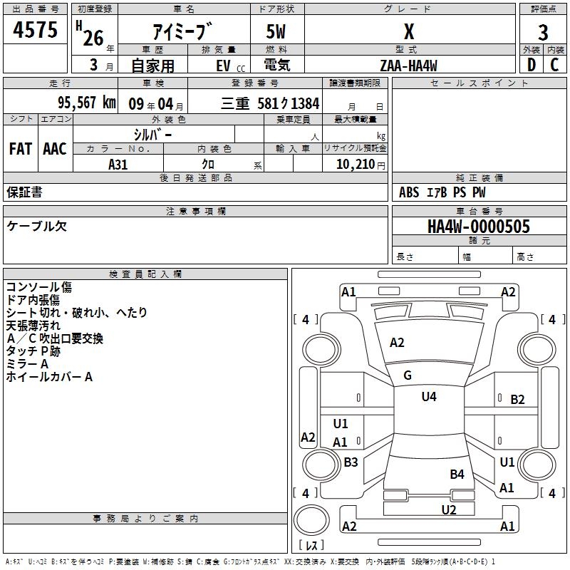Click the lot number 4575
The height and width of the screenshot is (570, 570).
pos(35,29)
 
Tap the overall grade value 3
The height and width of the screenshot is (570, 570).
pos(543,32)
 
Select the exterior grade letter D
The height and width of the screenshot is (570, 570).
pos(532,65)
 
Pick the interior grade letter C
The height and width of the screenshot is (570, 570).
pos(554,65)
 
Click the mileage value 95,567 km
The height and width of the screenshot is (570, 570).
pos(87,103)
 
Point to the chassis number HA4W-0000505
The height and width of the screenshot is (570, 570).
pos(479,226)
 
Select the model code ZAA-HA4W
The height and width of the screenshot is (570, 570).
pos(408,66)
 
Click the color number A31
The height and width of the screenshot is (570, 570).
pos(118,165)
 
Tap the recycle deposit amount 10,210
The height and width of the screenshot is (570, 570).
pos(355,165)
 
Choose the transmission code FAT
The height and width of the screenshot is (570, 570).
pos(21,149)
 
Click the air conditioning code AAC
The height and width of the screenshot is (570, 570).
pos(55,149)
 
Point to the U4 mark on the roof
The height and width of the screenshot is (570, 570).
pos(429,397)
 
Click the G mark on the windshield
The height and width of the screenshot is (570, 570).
pos(408,375)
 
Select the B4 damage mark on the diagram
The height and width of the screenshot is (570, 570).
pos(457,474)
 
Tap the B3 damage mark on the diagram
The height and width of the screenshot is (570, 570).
pos(351,462)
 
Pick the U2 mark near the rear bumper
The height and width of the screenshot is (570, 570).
pos(449,509)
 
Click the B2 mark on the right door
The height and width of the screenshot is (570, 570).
pos(517,400)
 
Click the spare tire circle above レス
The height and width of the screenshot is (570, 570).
pos(311,519)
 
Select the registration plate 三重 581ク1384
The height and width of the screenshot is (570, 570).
pos(270,103)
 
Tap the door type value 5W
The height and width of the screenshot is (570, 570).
pos(276,31)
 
